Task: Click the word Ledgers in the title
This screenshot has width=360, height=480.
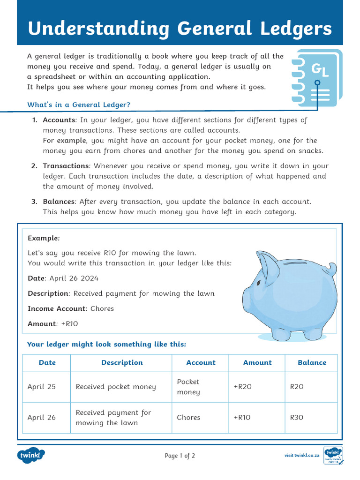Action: [296, 29]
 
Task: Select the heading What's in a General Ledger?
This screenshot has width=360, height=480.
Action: [79, 105]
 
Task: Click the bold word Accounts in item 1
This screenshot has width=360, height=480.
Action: [59, 120]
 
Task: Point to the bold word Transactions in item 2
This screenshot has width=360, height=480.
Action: [66, 166]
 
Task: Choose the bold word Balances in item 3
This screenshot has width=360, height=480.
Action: [59, 202]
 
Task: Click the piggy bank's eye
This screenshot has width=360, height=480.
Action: [258, 283]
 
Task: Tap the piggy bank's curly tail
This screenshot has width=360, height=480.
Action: [331, 269]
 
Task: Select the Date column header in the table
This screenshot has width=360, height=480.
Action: [47, 362]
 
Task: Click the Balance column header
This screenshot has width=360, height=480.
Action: [312, 362]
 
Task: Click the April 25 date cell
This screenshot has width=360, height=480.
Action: [41, 387]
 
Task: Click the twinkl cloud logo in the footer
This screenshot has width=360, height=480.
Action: [31, 455]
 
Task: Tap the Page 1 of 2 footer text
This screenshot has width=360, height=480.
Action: [180, 456]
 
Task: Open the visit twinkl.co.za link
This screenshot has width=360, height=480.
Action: [302, 455]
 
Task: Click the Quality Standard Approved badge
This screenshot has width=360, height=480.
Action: [333, 456]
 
